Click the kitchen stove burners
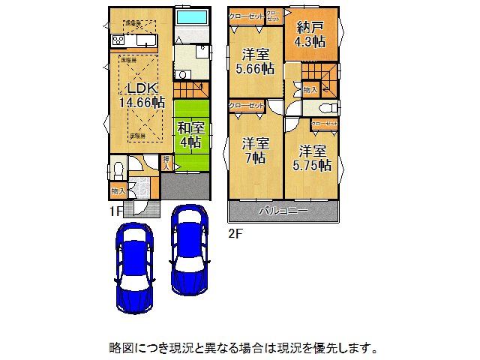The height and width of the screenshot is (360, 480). coord(119,40)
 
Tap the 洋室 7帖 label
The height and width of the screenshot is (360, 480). coord(256,151)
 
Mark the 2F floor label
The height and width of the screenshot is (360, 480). coord(235,233)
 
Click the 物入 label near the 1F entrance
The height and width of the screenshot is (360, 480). coord(118,191)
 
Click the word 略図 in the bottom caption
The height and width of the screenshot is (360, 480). coord(119,348)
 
